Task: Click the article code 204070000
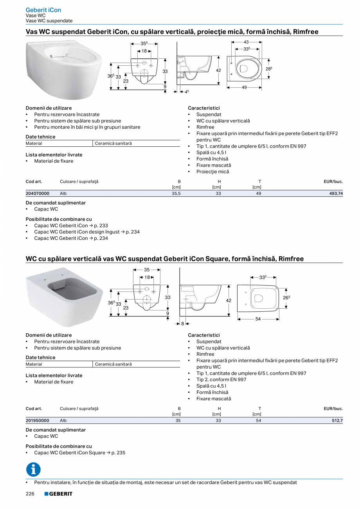(38, 193)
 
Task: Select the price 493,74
(335, 193)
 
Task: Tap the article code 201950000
(38, 421)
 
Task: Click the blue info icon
(33, 469)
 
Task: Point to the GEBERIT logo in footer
(58, 494)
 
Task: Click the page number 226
(30, 494)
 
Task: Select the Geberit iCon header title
(43, 10)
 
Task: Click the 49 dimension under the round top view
(244, 88)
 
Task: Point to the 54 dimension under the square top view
(258, 319)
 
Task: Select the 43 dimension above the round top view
(246, 42)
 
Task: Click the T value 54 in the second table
(259, 421)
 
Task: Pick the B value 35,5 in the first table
(176, 193)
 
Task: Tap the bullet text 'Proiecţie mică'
(212, 171)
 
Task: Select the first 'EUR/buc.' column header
(333, 182)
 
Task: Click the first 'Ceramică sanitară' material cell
(113, 144)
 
